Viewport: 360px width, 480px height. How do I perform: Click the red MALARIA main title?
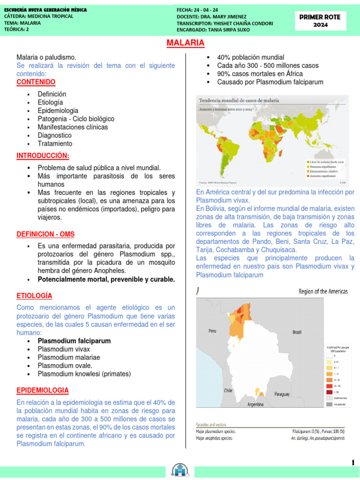pyautogui.click(x=186, y=43)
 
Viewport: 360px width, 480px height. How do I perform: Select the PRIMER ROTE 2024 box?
pyautogui.click(x=320, y=21)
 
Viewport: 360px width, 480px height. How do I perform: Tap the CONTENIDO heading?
pyautogui.click(x=36, y=82)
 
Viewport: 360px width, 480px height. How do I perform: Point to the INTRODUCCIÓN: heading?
pyautogui.click(x=43, y=156)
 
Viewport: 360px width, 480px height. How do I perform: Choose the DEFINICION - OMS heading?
pyautogui.click(x=45, y=234)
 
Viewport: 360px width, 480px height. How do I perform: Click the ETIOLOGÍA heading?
pyautogui.click(x=34, y=296)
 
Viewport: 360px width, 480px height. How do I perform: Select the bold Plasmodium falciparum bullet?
pyautogui.click(x=74, y=341)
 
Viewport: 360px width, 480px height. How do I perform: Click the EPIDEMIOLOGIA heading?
pyautogui.click(x=43, y=390)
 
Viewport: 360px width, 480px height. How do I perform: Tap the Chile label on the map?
pyautogui.click(x=228, y=390)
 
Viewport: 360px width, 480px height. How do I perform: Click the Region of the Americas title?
pyautogui.click(x=323, y=292)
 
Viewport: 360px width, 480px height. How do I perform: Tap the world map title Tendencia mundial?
pyautogui.click(x=239, y=100)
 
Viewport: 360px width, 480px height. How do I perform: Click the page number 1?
pyautogui.click(x=352, y=463)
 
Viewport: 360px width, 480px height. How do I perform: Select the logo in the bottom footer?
pyautogui.click(x=180, y=471)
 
